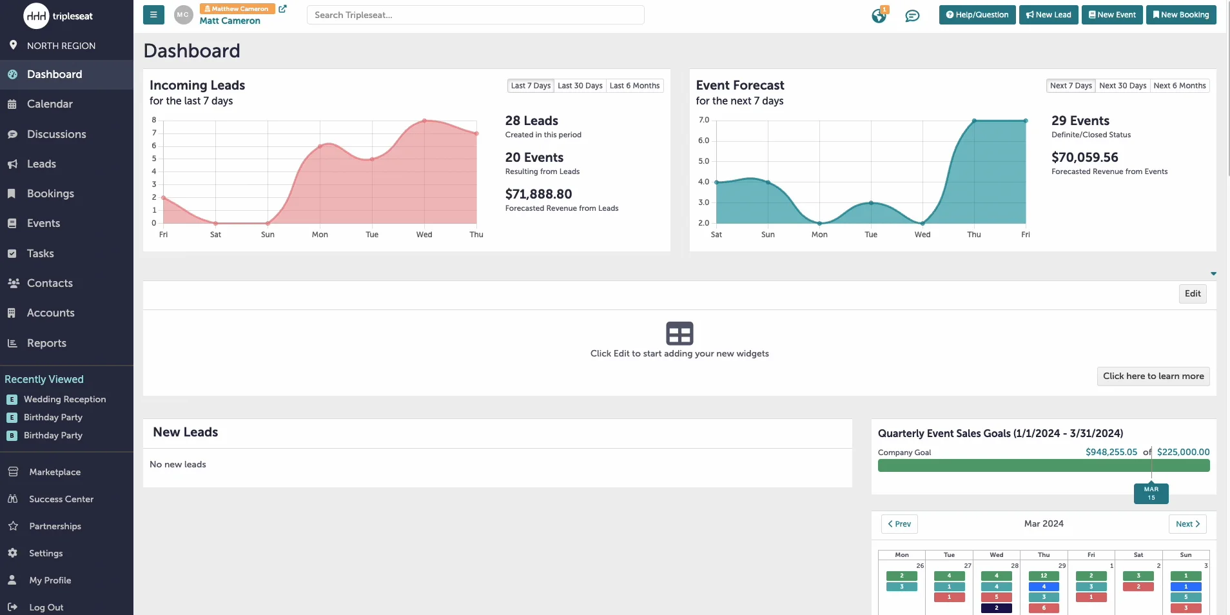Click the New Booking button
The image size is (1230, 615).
pos(1180,15)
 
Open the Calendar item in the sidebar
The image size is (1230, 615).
pos(50,104)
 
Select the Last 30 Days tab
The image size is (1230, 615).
pos(580,86)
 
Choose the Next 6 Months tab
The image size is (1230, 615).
pos(1179,86)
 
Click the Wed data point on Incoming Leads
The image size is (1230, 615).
pos(424,121)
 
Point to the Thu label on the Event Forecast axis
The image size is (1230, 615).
pos(973,235)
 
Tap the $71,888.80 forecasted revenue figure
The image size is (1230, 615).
pos(538,194)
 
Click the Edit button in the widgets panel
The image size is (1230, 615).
pos(1192,294)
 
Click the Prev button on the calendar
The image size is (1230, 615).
pos(899,524)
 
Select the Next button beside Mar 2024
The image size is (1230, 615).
pos(1187,524)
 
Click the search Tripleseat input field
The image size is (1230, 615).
pos(475,15)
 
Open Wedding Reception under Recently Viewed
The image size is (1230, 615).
pos(64,399)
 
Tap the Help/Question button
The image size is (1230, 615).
pos(977,15)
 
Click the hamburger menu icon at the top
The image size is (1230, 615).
pos(153,15)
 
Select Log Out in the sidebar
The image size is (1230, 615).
pos(46,607)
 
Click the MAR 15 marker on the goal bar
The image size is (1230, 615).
pos(1151,493)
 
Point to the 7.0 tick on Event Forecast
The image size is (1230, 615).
pos(703,120)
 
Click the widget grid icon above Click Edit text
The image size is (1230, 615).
pos(679,333)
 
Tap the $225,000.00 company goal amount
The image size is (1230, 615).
pos(1183,452)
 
